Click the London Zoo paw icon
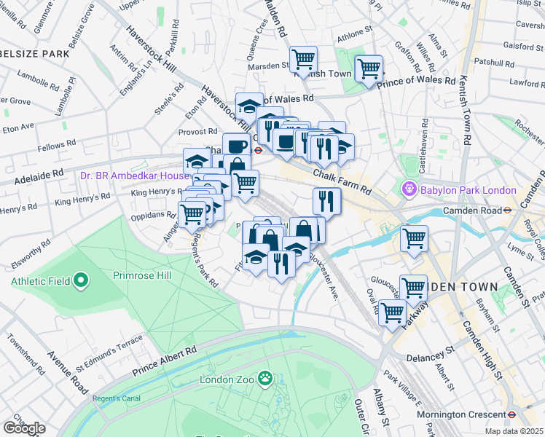267,379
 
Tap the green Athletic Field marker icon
81,280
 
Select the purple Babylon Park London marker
409,190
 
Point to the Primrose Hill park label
141,275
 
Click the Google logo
24,428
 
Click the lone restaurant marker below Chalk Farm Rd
327,201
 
